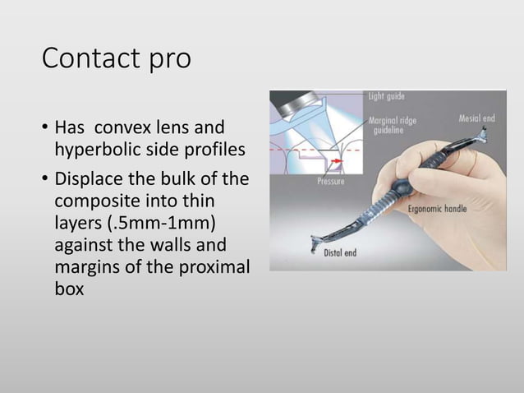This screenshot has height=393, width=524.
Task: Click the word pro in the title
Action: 170,60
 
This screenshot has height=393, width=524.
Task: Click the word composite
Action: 94,201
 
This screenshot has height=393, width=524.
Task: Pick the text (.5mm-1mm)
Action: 155,223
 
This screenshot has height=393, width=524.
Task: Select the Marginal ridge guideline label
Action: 392,126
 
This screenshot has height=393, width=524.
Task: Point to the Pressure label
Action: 332,180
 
